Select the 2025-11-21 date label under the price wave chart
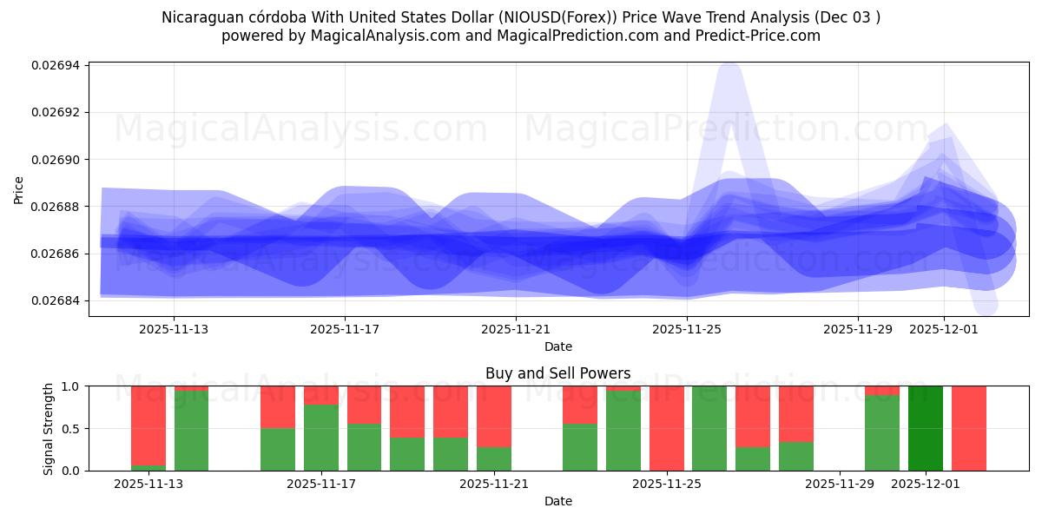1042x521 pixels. tap(516, 330)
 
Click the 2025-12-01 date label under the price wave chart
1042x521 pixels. tap(944, 330)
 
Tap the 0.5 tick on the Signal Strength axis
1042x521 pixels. tap(72, 429)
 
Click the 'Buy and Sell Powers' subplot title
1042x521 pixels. tap(558, 374)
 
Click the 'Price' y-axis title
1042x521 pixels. tap(19, 189)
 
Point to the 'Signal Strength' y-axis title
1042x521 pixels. tap(49, 428)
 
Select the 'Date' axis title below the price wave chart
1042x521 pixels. tap(558, 347)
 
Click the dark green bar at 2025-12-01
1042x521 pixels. tap(926, 428)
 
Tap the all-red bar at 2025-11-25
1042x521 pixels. tap(667, 428)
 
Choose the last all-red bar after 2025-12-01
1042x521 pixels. tap(969, 428)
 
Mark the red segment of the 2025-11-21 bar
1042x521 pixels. tap(494, 416)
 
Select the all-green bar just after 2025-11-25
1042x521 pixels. tap(709, 428)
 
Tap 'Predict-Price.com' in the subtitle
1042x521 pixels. tap(761, 36)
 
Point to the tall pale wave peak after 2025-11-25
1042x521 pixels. tap(729, 78)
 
